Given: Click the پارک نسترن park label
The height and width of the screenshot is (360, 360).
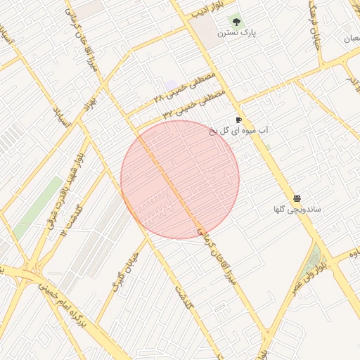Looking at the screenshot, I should (x=233, y=32).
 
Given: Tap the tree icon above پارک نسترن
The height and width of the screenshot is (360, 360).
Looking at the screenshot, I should (x=235, y=21).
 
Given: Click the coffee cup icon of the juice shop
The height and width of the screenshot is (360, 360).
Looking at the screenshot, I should (x=239, y=120).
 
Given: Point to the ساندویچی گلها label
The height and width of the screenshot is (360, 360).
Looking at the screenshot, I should (x=297, y=210).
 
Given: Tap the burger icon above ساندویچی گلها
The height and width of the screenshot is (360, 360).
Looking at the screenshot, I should (x=297, y=199).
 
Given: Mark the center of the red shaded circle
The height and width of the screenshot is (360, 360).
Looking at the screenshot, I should (x=180, y=179).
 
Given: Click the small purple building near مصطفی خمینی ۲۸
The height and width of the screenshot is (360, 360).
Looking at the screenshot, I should (x=171, y=84).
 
